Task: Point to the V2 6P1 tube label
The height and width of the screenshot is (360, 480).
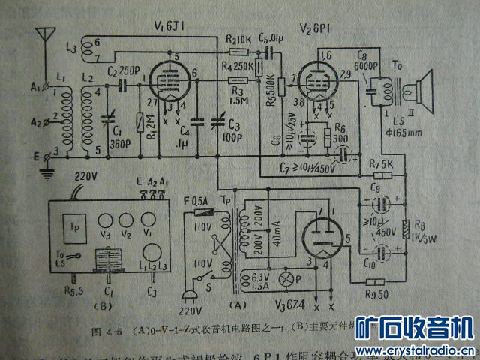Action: pyautogui.click(x=313, y=28)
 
